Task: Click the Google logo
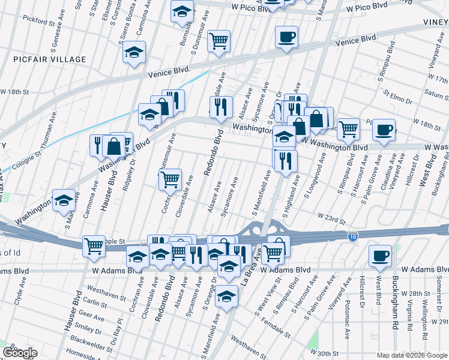pos(19,353)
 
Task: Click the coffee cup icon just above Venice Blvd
pos(286,37)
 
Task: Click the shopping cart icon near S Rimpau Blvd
pos(348,128)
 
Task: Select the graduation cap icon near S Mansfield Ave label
pos(226,296)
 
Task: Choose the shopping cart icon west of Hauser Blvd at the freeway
pos(94,246)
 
